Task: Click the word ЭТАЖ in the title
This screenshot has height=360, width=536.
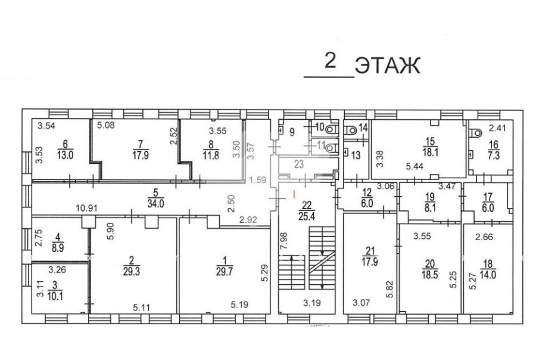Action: (x=387, y=66)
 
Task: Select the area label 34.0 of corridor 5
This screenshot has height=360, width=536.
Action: (x=156, y=204)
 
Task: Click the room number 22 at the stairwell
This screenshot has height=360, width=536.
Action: (x=307, y=205)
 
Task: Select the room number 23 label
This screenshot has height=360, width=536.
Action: (x=299, y=165)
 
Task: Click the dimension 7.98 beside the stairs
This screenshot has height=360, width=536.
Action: (x=283, y=241)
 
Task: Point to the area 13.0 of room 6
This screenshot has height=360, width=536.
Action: (x=65, y=156)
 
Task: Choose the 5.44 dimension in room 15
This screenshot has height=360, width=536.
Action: (x=415, y=167)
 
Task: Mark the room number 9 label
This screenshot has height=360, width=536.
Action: (x=292, y=132)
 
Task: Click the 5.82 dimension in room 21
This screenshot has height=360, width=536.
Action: (x=391, y=290)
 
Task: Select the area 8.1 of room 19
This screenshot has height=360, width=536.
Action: (x=429, y=208)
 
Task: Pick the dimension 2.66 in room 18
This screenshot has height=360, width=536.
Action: (x=484, y=237)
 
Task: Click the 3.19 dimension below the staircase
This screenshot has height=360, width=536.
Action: (x=312, y=303)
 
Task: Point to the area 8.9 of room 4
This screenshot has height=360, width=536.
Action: (x=58, y=248)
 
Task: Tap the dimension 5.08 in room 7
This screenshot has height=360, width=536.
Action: (x=106, y=125)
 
